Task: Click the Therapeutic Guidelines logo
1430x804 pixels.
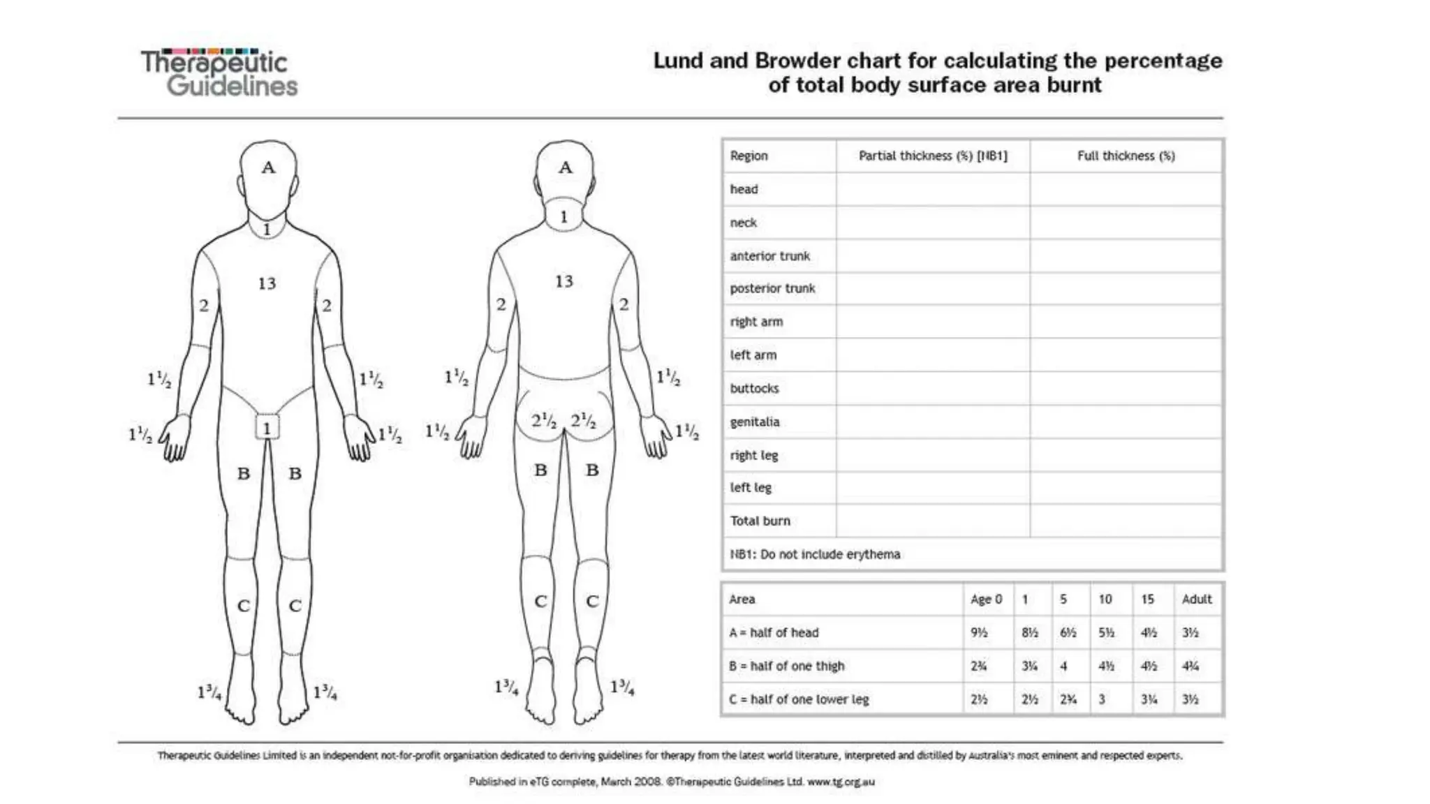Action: click(219, 73)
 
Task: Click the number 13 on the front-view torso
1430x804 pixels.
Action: click(267, 283)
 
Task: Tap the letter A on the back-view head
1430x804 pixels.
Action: click(565, 167)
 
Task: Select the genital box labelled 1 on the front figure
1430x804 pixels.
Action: click(267, 428)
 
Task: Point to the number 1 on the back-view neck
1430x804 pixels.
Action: click(563, 217)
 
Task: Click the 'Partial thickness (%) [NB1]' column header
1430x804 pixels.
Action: click(933, 156)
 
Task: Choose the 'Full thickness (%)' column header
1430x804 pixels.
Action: click(1126, 156)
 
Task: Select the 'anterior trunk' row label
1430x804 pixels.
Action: click(770, 256)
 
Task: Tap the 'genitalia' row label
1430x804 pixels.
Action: click(755, 422)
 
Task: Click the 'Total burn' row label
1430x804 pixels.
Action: click(760, 521)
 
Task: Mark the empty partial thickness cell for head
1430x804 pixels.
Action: click(933, 189)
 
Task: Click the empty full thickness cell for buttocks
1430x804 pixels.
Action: click(1126, 388)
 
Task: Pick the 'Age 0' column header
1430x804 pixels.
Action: click(986, 599)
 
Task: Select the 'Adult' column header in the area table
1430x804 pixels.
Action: click(1197, 599)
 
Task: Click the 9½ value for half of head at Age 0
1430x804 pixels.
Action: click(979, 632)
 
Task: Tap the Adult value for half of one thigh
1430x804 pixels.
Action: click(1191, 666)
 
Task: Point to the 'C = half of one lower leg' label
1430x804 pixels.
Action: click(799, 699)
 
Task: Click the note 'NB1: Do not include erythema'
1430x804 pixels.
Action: click(815, 554)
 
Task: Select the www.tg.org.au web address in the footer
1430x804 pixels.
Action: click(841, 782)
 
